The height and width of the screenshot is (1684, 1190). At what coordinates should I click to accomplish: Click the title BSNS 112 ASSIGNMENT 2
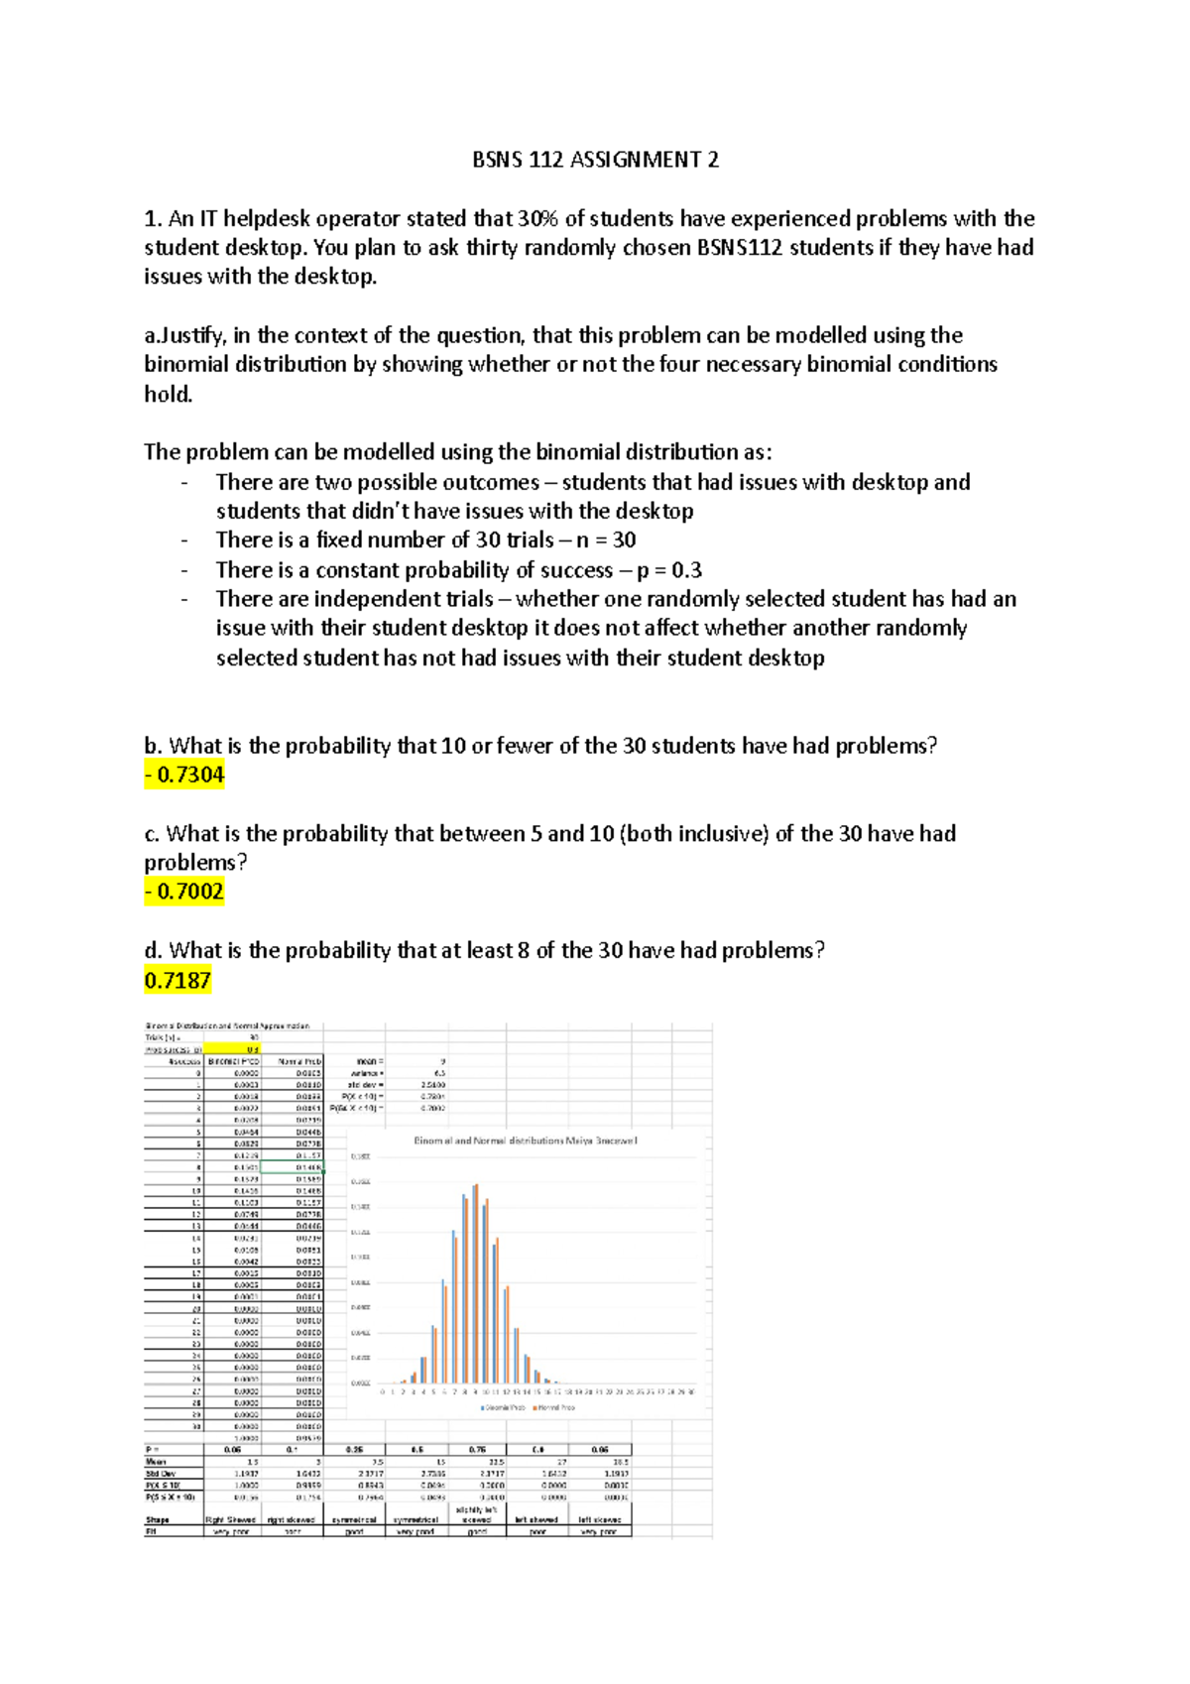[595, 160]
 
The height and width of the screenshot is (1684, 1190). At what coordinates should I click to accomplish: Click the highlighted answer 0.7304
[184, 775]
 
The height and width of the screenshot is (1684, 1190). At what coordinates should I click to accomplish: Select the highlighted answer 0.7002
[184, 892]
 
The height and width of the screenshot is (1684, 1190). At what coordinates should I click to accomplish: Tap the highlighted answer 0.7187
[178, 981]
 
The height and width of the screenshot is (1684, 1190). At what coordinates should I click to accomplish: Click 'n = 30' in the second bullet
[605, 541]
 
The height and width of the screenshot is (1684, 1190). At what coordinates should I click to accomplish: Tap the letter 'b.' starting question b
[153, 746]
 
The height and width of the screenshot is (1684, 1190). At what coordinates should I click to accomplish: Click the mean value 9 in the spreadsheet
[441, 1061]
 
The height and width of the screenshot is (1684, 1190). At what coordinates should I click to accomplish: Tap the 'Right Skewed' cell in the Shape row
[232, 1519]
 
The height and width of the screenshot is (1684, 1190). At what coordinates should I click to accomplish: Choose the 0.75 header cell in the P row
[477, 1449]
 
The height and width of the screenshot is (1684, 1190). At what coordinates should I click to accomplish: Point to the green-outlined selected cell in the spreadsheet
[294, 1167]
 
